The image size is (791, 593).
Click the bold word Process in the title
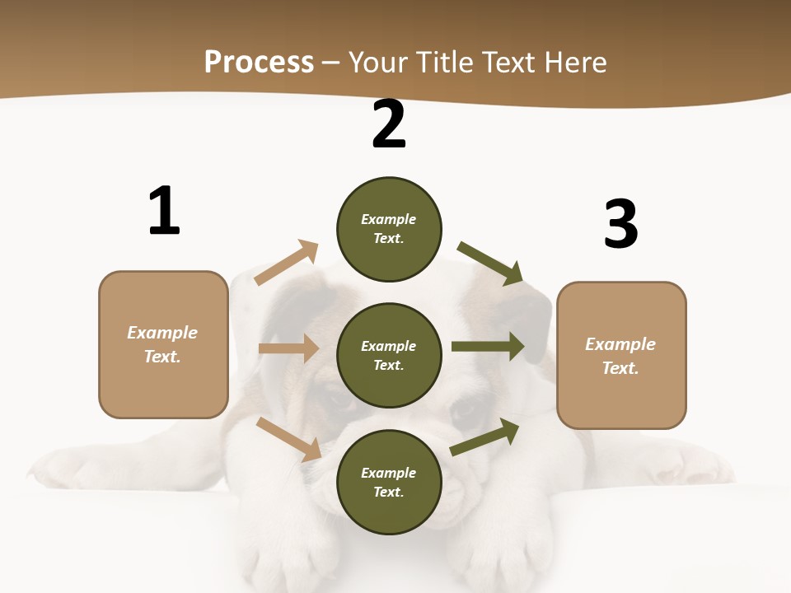pyautogui.click(x=259, y=63)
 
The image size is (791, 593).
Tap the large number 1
pyautogui.click(x=164, y=212)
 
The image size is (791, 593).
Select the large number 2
pyautogui.click(x=389, y=125)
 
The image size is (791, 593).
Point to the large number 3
pyautogui.click(x=621, y=224)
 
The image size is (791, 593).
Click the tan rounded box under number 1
pyautogui.click(x=163, y=344)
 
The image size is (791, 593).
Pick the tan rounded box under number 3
pyautogui.click(x=621, y=356)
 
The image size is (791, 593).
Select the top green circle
pyautogui.click(x=389, y=229)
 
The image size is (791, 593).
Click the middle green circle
pyautogui.click(x=389, y=356)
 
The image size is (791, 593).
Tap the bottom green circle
pyautogui.click(x=389, y=483)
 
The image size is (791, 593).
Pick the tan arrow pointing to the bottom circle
pyautogui.click(x=289, y=439)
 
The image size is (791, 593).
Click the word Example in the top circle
pyautogui.click(x=389, y=219)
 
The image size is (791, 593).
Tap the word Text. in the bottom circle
pyautogui.click(x=389, y=492)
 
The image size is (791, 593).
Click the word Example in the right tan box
pyautogui.click(x=620, y=344)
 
